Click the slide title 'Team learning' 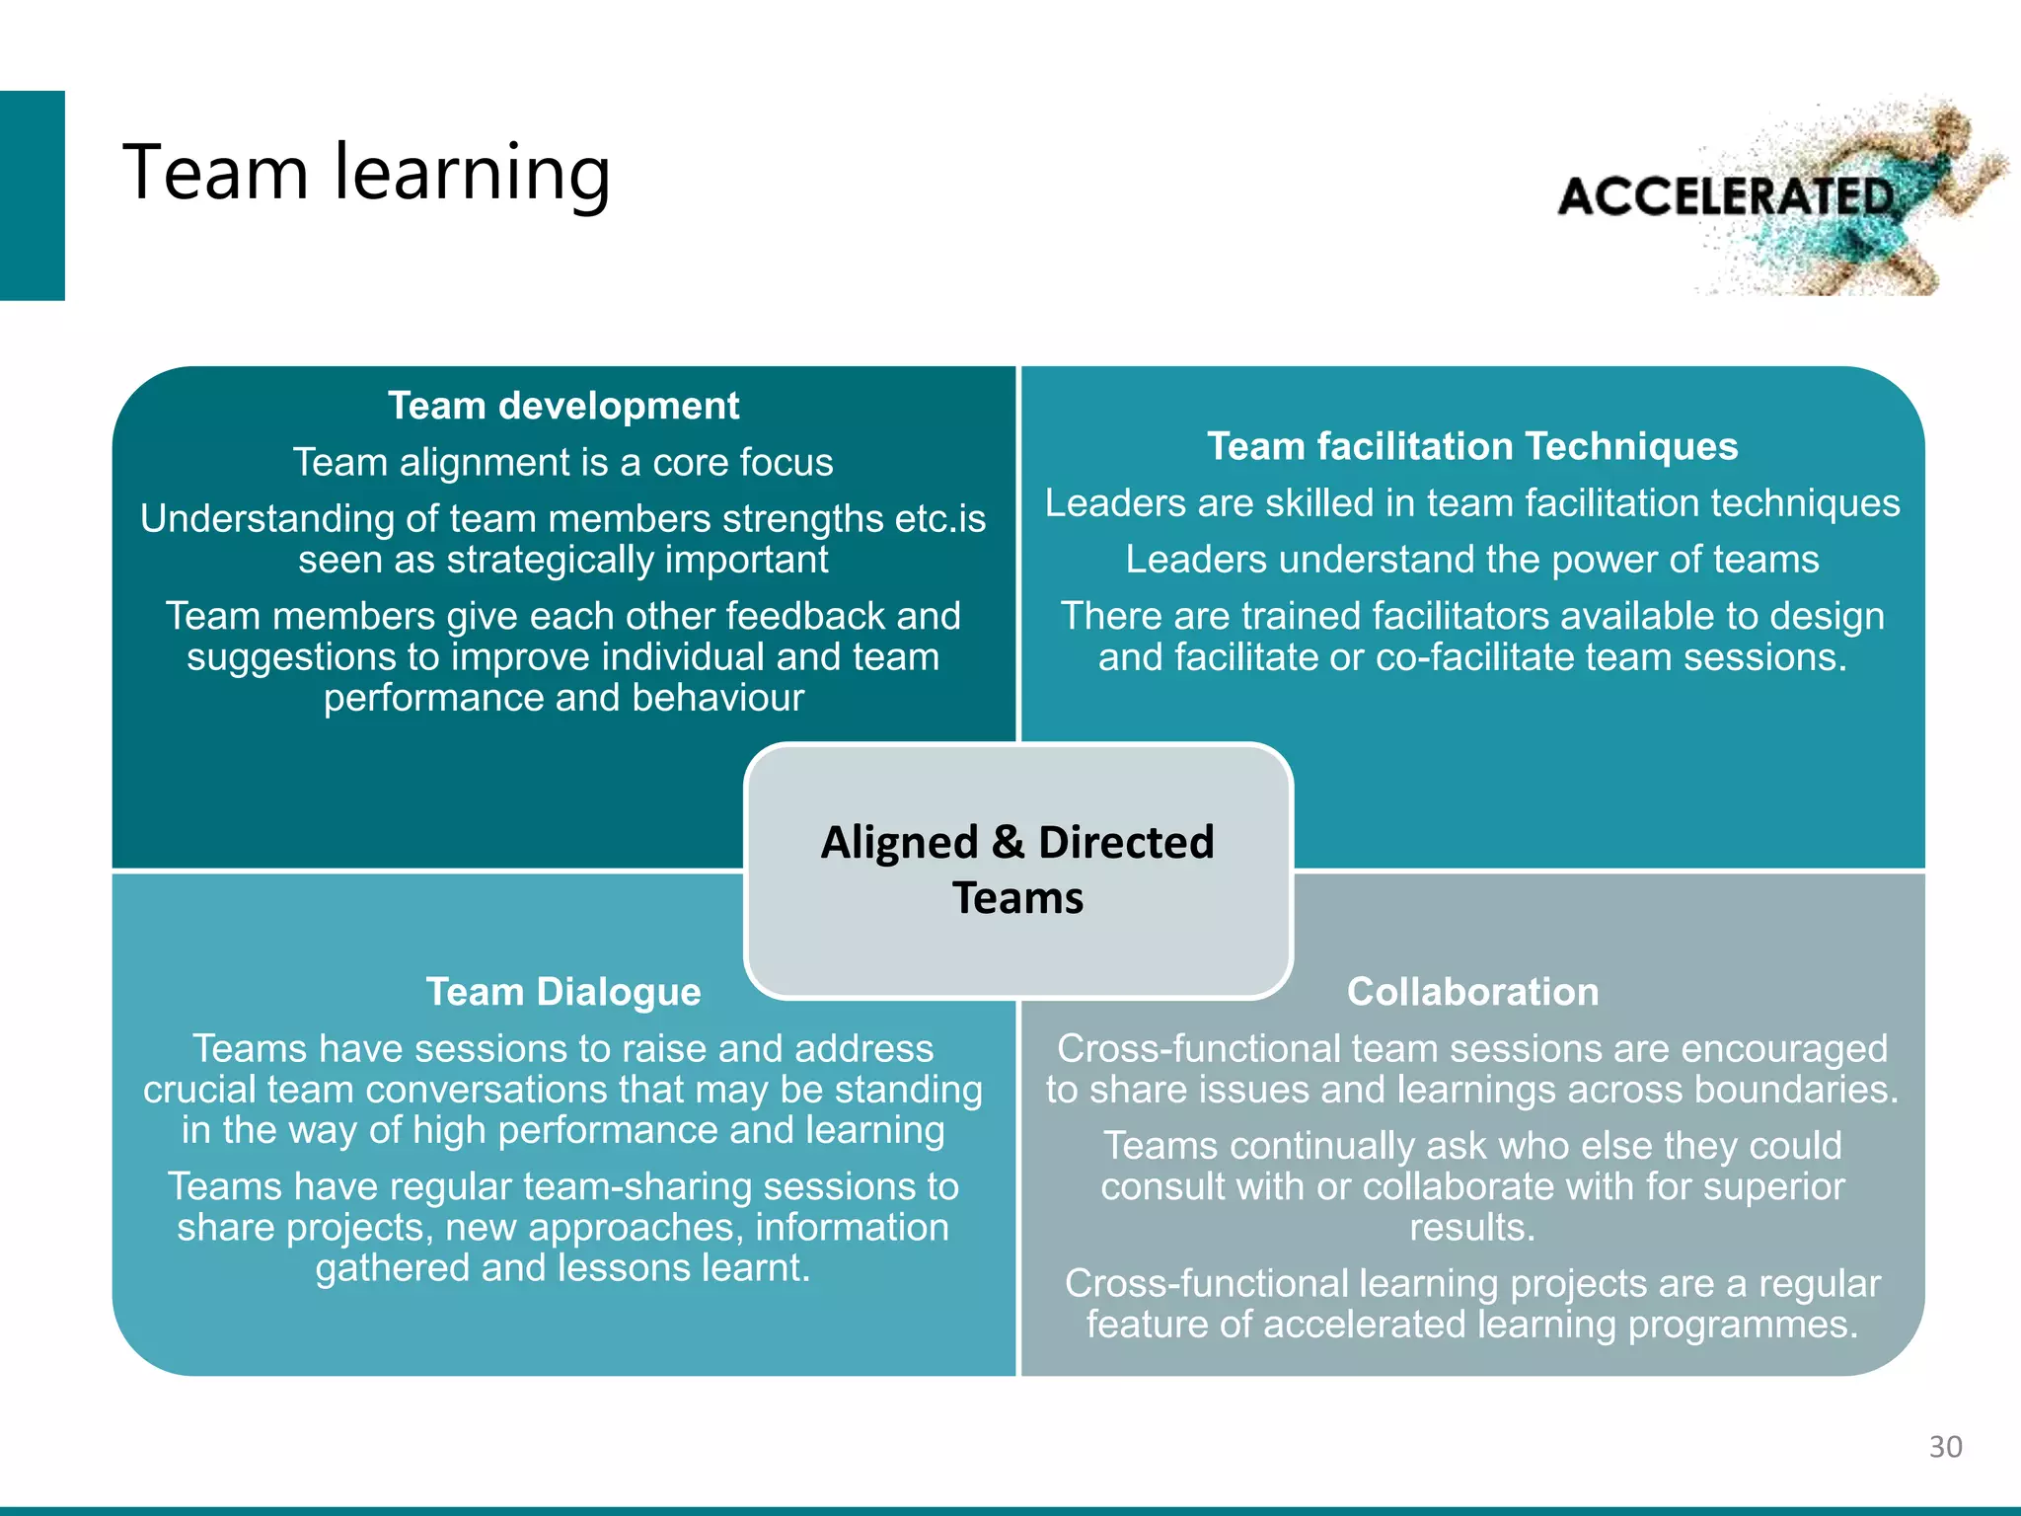(366, 173)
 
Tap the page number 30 (1945, 1447)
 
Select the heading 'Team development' (562, 406)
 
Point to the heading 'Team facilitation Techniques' (1471, 446)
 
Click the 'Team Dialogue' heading (562, 992)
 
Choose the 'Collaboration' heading (1472, 992)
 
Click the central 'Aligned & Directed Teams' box (1017, 870)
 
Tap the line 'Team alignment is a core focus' (562, 462)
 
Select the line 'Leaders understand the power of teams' (1471, 560)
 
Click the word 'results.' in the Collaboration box (1472, 1228)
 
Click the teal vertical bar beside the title (32, 195)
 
